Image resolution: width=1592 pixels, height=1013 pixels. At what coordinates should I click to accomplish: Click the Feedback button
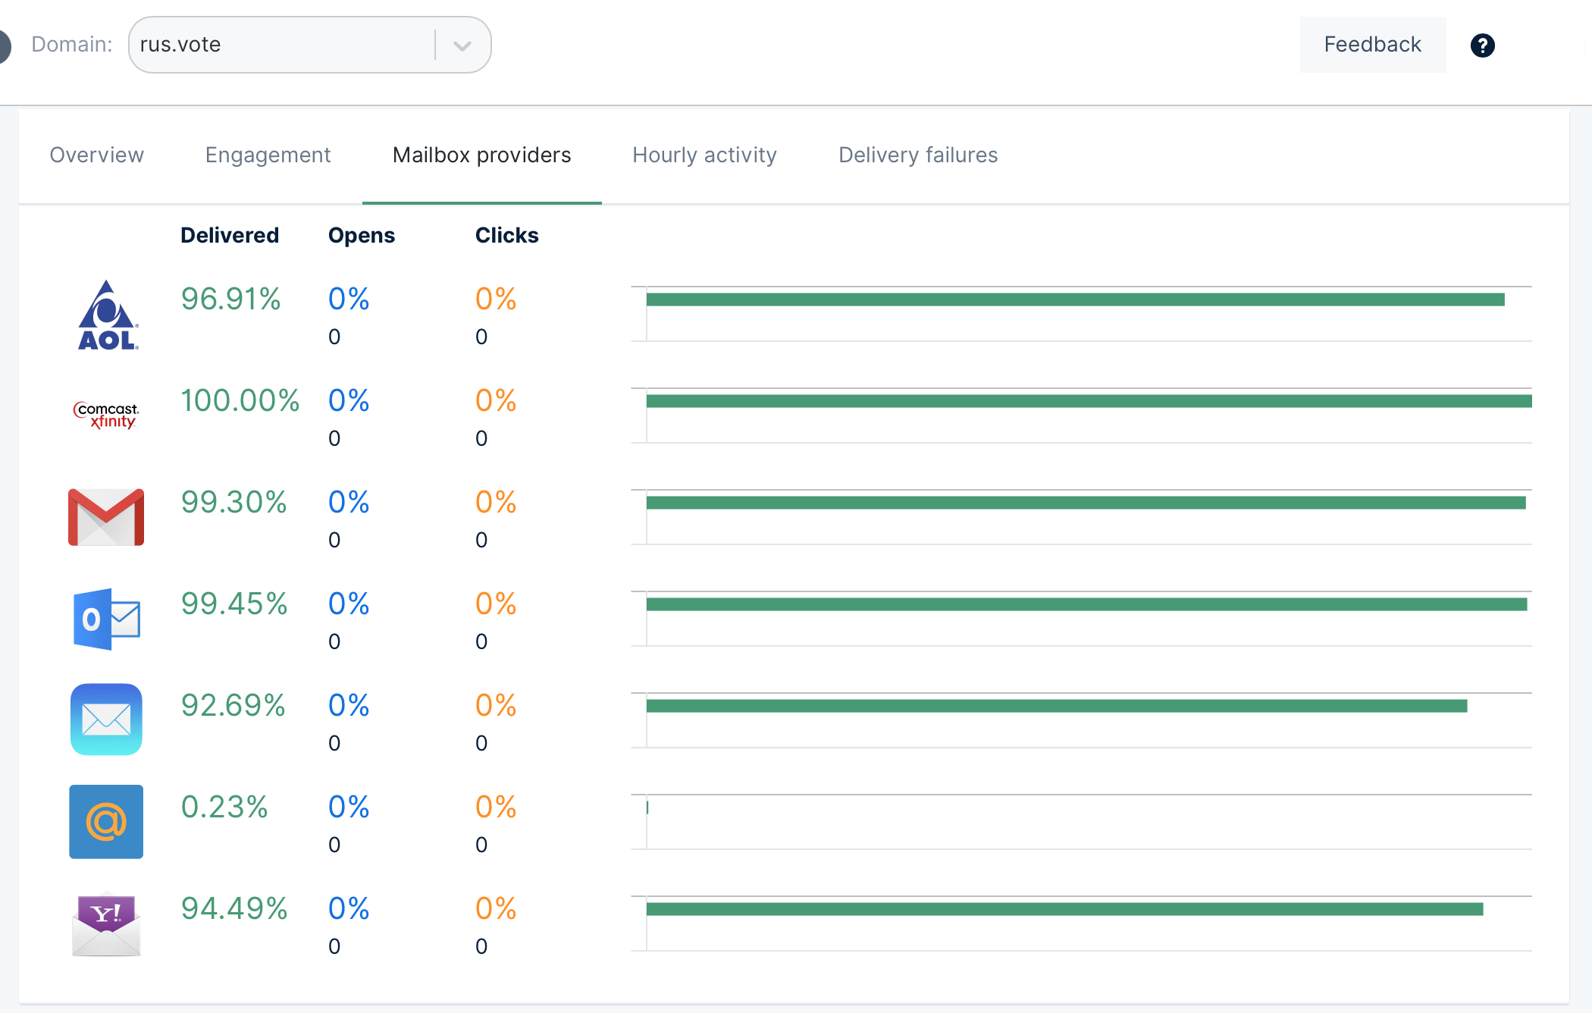(1372, 45)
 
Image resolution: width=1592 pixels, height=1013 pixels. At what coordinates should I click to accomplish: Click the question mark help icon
(1482, 45)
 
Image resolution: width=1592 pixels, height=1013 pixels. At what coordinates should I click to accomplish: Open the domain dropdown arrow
(462, 45)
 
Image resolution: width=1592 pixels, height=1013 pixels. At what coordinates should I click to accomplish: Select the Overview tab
(96, 155)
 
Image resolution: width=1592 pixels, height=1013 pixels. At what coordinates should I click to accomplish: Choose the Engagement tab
(268, 155)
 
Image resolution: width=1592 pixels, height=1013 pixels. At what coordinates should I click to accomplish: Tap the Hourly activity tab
(704, 155)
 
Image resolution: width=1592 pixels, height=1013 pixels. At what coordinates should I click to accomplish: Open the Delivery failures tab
(917, 155)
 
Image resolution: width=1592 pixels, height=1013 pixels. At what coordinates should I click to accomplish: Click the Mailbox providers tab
(481, 155)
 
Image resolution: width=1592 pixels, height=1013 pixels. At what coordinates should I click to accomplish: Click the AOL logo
(107, 315)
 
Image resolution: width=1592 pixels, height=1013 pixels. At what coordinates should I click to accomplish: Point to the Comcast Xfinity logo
(106, 415)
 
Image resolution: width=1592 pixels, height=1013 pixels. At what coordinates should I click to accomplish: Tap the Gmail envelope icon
(106, 517)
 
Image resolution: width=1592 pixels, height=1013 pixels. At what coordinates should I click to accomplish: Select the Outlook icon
(106, 619)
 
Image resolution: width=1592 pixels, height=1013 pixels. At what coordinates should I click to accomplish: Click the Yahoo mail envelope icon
(106, 924)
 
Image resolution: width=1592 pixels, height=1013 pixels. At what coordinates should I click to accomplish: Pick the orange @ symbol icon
(106, 822)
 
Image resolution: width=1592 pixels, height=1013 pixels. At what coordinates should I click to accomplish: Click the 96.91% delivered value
(230, 300)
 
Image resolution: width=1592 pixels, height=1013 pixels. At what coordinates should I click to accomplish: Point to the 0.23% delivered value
(224, 808)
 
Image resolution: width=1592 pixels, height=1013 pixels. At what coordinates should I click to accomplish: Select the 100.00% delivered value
(240, 401)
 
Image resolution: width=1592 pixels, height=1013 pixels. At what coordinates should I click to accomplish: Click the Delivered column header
(230, 236)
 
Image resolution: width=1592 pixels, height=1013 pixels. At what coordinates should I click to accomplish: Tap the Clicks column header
(506, 236)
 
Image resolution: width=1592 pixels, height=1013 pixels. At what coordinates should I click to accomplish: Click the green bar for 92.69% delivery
(1056, 706)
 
